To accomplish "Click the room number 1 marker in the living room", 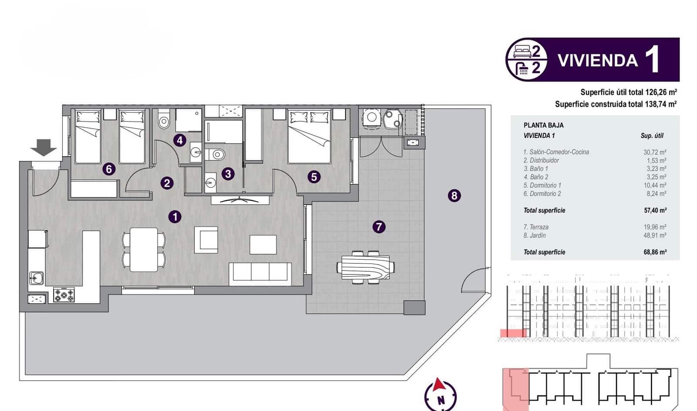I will [175, 216].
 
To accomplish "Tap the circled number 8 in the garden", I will [454, 195].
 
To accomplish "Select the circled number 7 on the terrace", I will [379, 226].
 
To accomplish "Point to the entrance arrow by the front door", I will [44, 147].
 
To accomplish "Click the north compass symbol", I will [440, 394].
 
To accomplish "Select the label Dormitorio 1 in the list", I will [542, 185].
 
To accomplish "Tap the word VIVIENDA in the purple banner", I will [598, 60].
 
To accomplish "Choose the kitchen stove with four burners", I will [64, 295].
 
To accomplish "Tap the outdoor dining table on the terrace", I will [366, 267].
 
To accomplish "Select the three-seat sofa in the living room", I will [261, 271].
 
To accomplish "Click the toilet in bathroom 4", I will [164, 120].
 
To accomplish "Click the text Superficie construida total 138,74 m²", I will [616, 104].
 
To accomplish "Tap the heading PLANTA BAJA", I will [543, 125].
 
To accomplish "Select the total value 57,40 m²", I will [655, 210].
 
